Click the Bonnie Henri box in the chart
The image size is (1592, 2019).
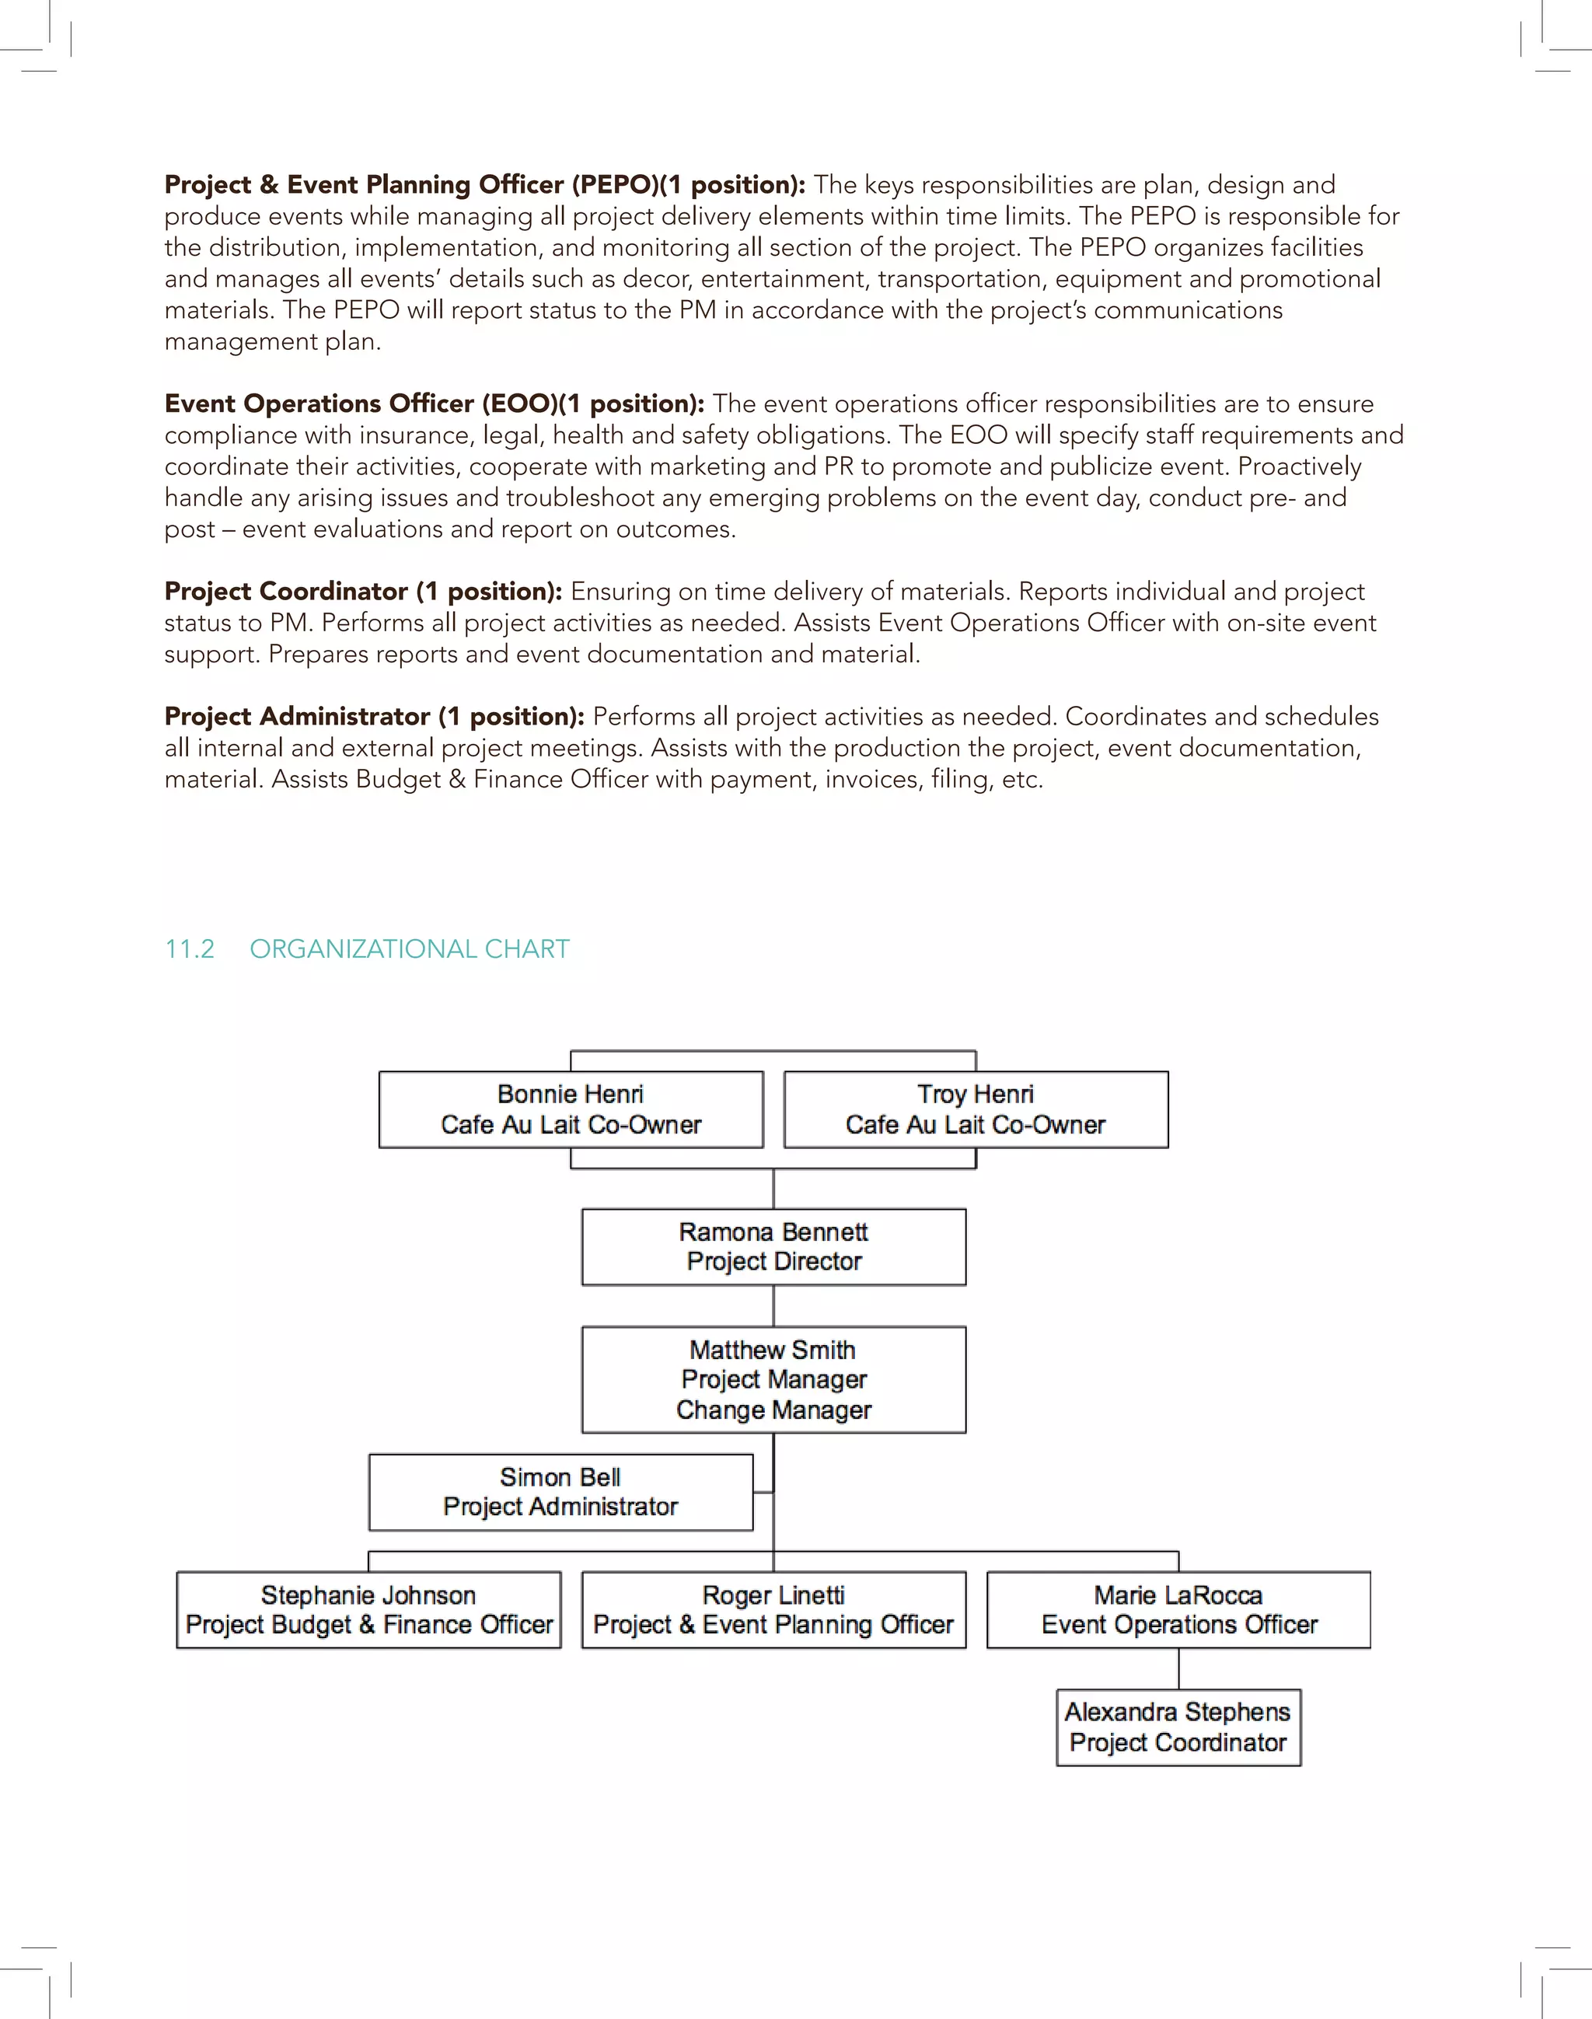[571, 1109]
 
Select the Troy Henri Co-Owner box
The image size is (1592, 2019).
[975, 1109]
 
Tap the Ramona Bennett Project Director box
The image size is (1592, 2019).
[773, 1246]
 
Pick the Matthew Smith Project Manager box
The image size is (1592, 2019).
[773, 1378]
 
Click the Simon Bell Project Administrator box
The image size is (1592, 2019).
[560, 1491]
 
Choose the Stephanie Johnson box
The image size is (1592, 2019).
[368, 1610]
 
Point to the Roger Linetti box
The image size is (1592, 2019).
[773, 1610]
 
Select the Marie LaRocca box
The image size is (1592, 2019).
[1178, 1610]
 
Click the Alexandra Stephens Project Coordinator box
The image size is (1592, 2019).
[1178, 1727]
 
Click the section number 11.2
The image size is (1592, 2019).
[189, 949]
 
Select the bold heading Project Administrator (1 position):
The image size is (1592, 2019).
[374, 717]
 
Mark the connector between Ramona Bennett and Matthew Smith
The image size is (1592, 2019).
[773, 1306]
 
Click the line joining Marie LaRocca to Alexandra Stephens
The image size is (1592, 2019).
[1178, 1668]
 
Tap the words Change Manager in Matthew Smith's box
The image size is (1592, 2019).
[773, 1410]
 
